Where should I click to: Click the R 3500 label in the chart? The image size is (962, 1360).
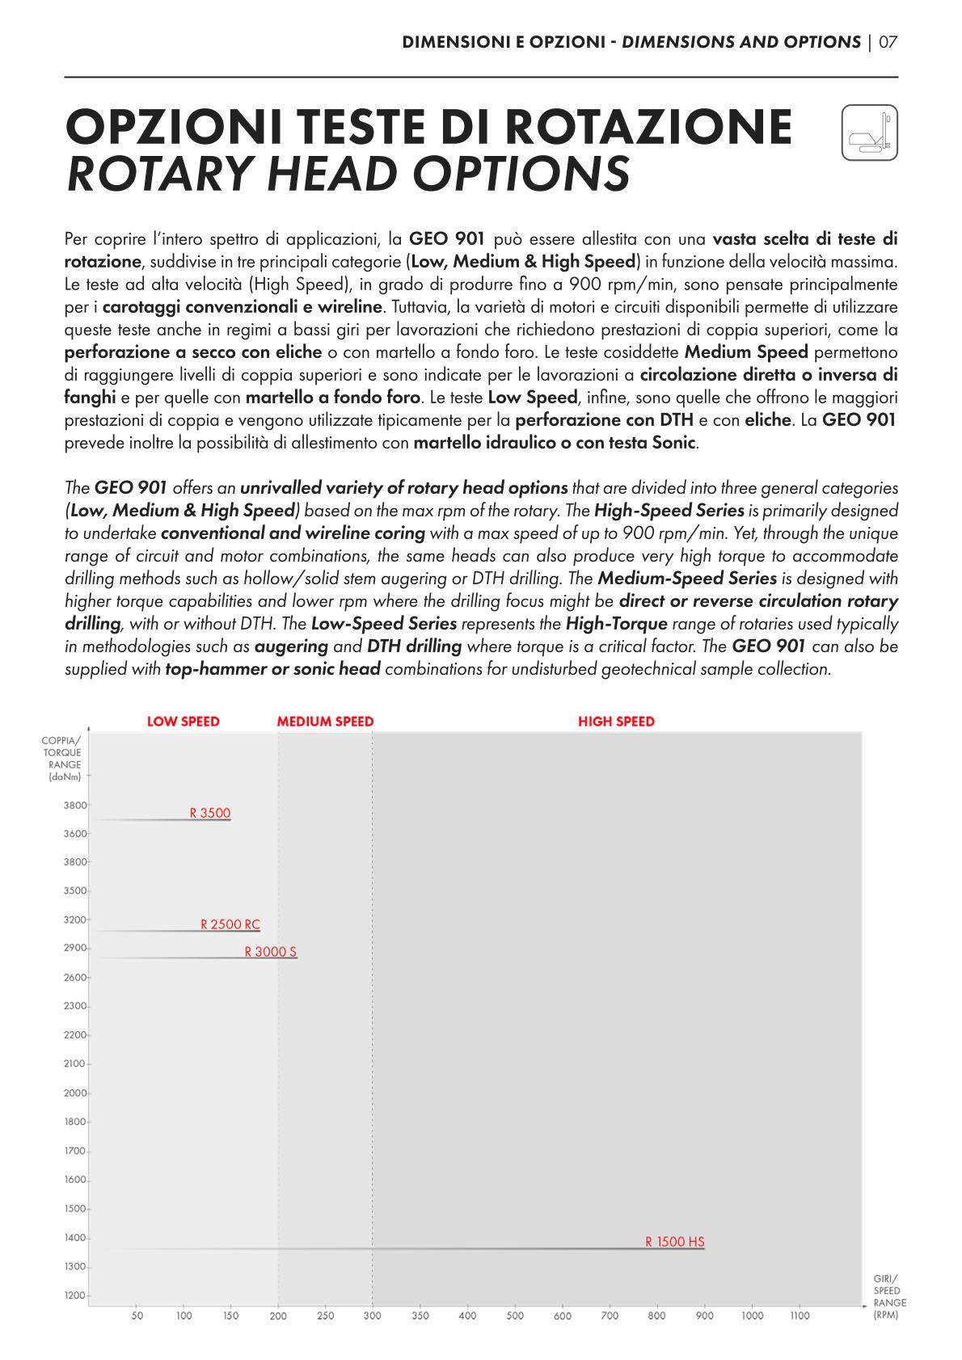pyautogui.click(x=210, y=813)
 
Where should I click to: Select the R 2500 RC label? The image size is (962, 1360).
pyautogui.click(x=230, y=924)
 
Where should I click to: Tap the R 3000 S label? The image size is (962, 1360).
pyautogui.click(x=271, y=952)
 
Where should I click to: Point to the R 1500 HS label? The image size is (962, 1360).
pyautogui.click(x=675, y=1242)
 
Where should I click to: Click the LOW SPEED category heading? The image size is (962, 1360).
pyautogui.click(x=184, y=722)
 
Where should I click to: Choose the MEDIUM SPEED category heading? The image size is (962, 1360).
pyautogui.click(x=325, y=722)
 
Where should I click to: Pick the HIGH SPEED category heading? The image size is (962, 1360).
pyautogui.click(x=616, y=722)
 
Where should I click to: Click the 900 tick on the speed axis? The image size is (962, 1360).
pyautogui.click(x=705, y=1316)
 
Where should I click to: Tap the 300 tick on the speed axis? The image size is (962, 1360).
pyautogui.click(x=373, y=1316)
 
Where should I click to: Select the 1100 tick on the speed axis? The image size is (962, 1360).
pyautogui.click(x=800, y=1316)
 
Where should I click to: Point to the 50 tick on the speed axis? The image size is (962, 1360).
pyautogui.click(x=137, y=1316)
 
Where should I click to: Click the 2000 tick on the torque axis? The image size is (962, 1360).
pyautogui.click(x=75, y=1093)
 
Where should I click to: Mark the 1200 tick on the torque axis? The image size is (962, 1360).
pyautogui.click(x=75, y=1295)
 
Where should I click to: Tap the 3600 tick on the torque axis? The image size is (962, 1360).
pyautogui.click(x=75, y=833)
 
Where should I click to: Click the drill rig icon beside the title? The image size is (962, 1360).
pyautogui.click(x=869, y=133)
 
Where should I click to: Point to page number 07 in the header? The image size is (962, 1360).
pyautogui.click(x=888, y=42)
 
